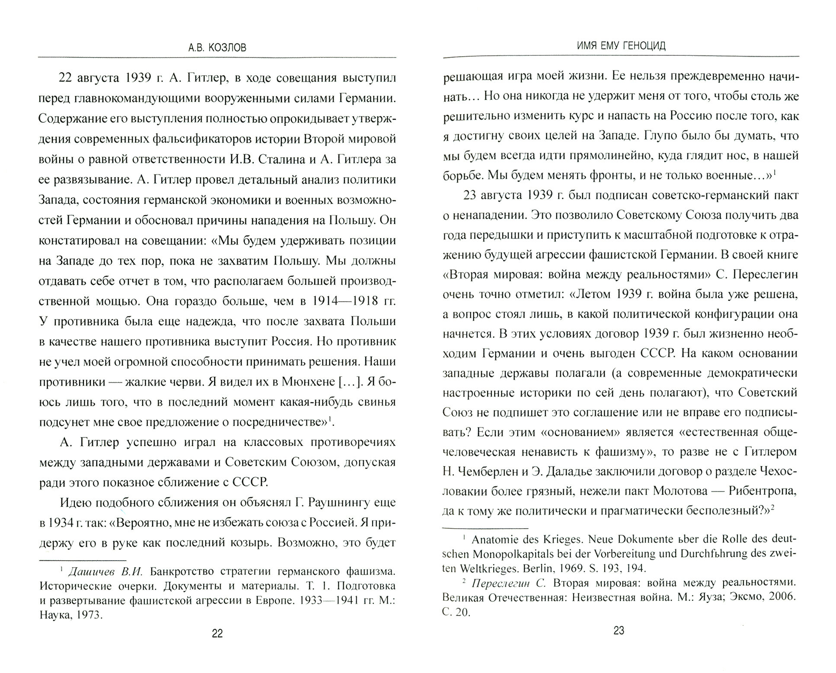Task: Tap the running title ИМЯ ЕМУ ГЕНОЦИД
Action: (619, 46)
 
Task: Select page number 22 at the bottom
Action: (217, 634)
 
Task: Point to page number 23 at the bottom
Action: (619, 631)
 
